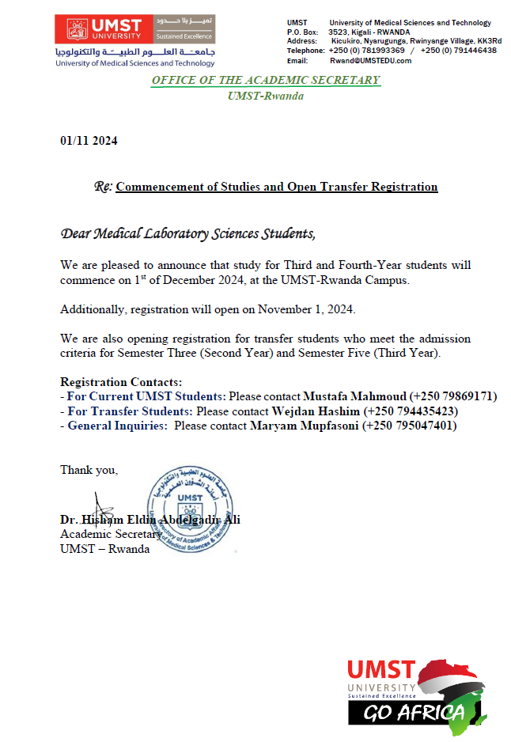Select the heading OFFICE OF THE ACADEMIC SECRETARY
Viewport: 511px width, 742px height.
266,80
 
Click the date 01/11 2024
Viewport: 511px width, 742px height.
89,141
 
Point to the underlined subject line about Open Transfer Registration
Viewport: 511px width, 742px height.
276,187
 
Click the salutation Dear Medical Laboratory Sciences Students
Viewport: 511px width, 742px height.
187,233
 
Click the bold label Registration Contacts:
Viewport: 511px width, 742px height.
121,381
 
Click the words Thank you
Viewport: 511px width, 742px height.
89,470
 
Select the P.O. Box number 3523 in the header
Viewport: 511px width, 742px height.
340,32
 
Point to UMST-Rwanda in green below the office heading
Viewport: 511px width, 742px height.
266,96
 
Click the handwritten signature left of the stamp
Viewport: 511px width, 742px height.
104,510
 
